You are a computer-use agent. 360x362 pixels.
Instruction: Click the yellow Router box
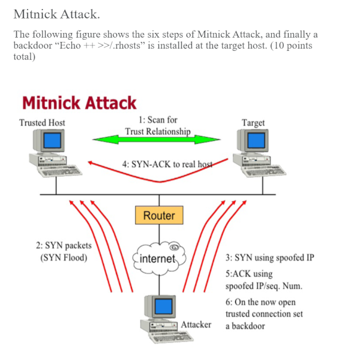pos(159,216)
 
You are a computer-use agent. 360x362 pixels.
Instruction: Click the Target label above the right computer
pos(253,123)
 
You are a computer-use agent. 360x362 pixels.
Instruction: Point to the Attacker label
pos(196,324)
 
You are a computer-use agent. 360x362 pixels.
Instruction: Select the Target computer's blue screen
pos(256,141)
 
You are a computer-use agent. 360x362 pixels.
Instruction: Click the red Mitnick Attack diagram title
pos(79,103)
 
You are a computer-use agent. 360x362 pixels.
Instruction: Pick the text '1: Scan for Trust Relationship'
pos(158,126)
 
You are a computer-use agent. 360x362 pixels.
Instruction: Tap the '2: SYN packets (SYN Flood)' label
pos(64,252)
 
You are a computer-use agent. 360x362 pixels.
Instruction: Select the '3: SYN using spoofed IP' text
pos(269,258)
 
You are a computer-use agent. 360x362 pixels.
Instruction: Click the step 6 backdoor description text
pos(260,314)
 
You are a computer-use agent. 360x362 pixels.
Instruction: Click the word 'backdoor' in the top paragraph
pos(31,46)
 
